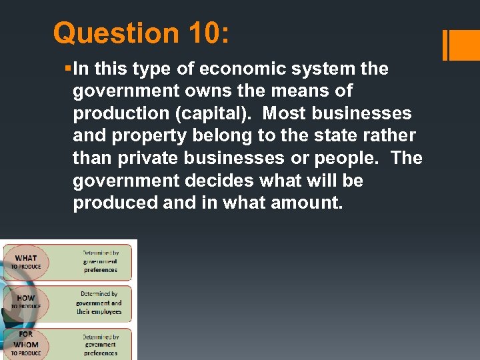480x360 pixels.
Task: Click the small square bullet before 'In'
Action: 69,69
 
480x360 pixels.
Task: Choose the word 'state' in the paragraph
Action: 324,136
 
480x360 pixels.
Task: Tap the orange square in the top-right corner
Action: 465,45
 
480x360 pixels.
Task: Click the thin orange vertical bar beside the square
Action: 445,45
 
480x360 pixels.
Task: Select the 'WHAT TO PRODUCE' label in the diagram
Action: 26,262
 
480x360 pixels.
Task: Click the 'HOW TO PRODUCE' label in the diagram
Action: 26,302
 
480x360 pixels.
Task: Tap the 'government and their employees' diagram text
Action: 99,303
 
